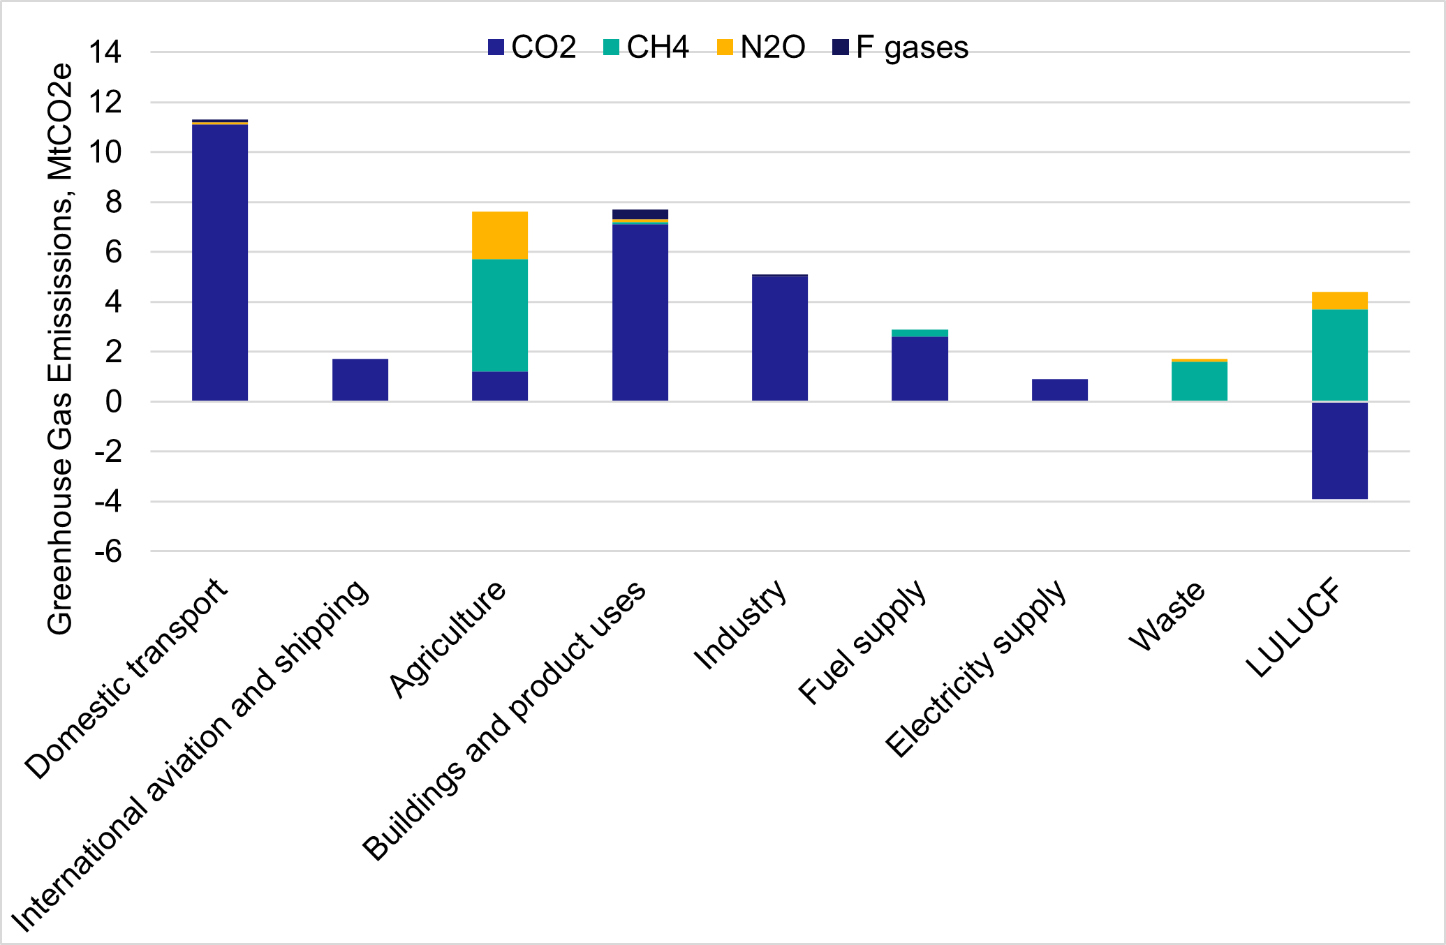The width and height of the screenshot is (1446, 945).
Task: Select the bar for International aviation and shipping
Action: (360, 380)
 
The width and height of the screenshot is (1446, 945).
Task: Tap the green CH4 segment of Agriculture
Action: (500, 315)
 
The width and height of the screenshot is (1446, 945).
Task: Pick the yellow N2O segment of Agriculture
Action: (500, 235)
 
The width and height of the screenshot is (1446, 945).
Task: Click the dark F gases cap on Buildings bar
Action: (640, 214)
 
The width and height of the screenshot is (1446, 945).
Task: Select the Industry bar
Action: (780, 338)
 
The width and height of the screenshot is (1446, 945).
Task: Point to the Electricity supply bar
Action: (1060, 389)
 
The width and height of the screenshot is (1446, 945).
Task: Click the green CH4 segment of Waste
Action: (1200, 381)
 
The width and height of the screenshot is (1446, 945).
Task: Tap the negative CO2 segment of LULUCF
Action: (1339, 450)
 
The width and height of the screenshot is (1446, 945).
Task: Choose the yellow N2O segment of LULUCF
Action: (1339, 301)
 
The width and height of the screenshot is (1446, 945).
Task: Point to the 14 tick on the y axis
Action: (105, 52)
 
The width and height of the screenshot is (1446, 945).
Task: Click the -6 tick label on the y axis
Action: (108, 552)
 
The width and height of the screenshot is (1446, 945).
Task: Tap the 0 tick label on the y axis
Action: (114, 402)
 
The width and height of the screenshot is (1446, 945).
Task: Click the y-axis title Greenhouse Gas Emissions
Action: (60, 349)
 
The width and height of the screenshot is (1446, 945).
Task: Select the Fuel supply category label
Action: (863, 642)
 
